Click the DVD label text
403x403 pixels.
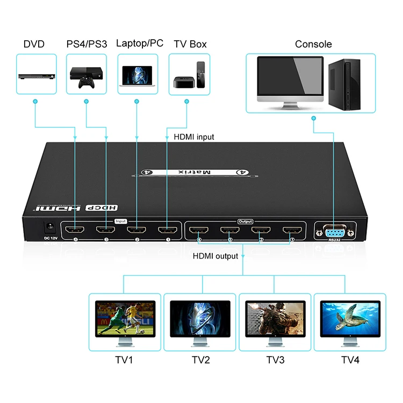coord(34,44)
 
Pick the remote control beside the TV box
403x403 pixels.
coord(201,75)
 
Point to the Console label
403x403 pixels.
coord(313,44)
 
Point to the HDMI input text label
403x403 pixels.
coord(194,137)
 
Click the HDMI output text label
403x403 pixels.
coord(215,256)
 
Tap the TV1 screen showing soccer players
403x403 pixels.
coord(125,316)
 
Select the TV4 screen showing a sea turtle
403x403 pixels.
coord(350,316)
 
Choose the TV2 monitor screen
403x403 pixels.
coord(200,316)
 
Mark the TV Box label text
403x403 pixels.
coord(190,44)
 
